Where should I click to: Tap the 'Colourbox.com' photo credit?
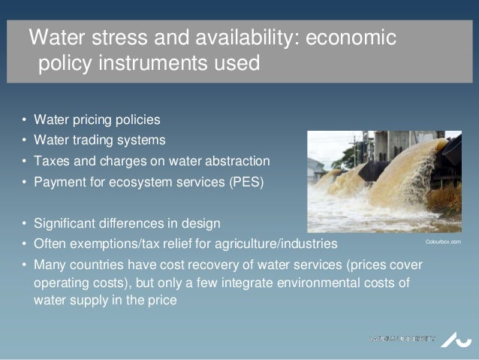[443, 242]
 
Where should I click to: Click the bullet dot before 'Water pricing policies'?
[24, 120]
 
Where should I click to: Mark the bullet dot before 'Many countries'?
[24, 267]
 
